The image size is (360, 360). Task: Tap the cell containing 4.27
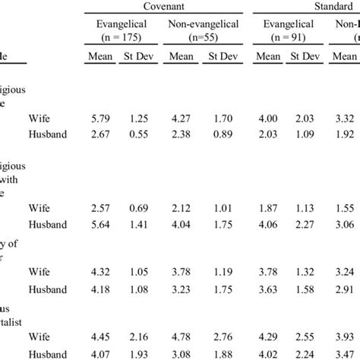[x=181, y=118]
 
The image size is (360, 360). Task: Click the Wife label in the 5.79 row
[x=40, y=118]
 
